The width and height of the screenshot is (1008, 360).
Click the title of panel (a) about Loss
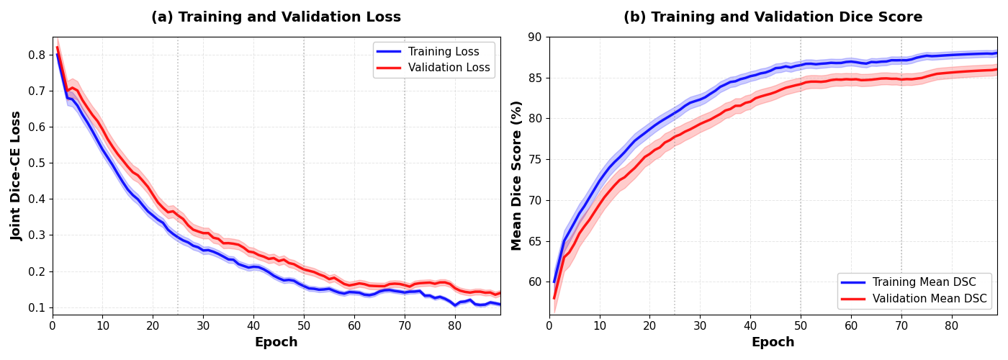276,17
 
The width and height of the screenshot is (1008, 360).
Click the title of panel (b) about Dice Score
773,17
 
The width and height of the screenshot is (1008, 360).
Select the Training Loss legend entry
444,52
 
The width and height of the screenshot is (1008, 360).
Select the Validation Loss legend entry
449,68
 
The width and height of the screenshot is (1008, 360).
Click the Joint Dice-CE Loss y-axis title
17,176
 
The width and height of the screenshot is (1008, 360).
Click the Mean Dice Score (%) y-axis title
516,176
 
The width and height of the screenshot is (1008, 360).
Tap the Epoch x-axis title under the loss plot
276,343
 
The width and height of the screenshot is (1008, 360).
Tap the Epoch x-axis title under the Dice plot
773,343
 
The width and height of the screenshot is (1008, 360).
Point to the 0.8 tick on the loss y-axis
37,55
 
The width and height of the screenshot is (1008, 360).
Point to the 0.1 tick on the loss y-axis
37,307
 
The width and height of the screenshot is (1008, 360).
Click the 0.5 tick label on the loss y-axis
37,163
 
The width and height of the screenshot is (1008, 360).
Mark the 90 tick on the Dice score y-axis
535,37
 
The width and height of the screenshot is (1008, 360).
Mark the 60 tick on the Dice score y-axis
535,282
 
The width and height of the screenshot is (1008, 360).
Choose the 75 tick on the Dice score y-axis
535,159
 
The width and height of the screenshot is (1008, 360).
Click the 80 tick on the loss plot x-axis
455,325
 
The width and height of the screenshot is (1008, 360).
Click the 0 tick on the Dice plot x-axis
549,325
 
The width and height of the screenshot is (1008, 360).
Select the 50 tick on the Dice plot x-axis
801,325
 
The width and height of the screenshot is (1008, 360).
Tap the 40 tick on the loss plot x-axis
253,325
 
